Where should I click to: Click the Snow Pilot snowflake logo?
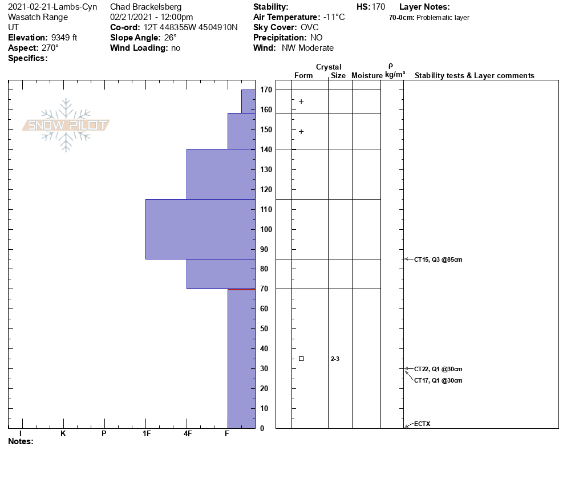pyautogui.click(x=66, y=125)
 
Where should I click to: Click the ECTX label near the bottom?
pyautogui.click(x=422, y=424)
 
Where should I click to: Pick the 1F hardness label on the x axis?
pyautogui.click(x=146, y=434)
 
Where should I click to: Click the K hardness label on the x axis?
pyautogui.click(x=63, y=434)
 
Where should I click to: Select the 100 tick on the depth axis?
pyautogui.click(x=266, y=229)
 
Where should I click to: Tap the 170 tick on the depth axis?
pyautogui.click(x=266, y=90)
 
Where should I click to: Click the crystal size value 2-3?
pyautogui.click(x=335, y=359)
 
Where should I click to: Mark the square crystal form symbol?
pyautogui.click(x=301, y=359)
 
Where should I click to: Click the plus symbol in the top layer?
pyautogui.click(x=301, y=102)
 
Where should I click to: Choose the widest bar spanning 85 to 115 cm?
pyautogui.click(x=200, y=229)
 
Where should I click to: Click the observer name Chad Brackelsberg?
pyautogui.click(x=145, y=7)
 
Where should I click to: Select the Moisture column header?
pyautogui.click(x=366, y=76)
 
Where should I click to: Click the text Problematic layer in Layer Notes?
pyautogui.click(x=443, y=18)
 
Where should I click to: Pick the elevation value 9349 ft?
pyautogui.click(x=59, y=38)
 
